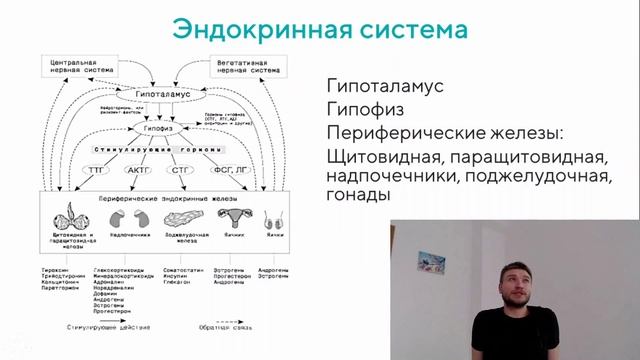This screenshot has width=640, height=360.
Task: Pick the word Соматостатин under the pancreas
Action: (x=185, y=269)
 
